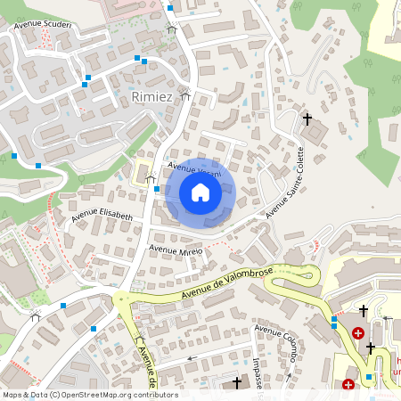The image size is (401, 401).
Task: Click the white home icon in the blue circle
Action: click(x=200, y=192)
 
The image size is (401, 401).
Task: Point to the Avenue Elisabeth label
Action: click(x=102, y=217)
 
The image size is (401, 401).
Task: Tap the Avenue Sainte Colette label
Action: click(x=285, y=184)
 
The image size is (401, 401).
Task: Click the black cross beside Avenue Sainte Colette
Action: click(x=307, y=119)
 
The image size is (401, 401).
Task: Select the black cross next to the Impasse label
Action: click(x=236, y=382)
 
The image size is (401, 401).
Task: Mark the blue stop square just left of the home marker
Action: click(x=156, y=189)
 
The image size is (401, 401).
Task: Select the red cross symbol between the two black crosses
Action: click(x=358, y=332)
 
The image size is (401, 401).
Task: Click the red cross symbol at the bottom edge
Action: click(x=348, y=385)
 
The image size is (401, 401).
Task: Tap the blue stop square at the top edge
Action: click(x=170, y=7)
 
